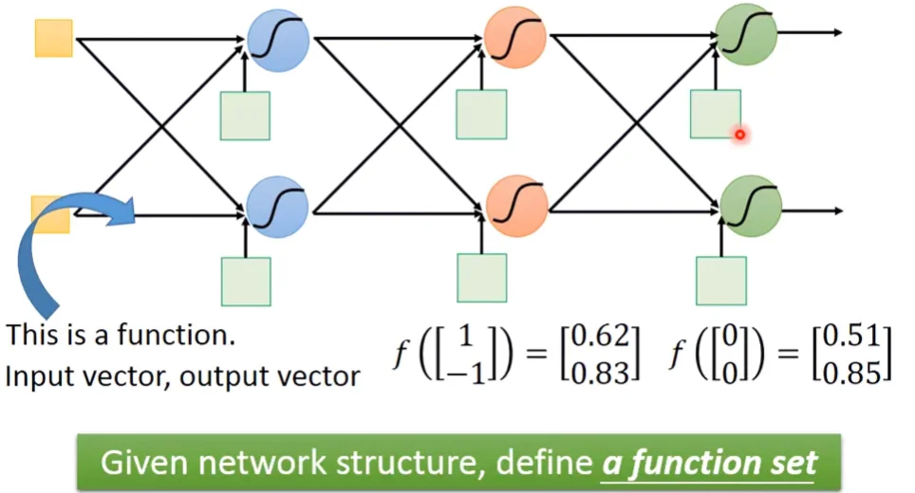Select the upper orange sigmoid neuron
tap(514, 35)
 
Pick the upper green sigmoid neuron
tap(747, 32)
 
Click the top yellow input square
tap(53, 38)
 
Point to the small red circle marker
tap(739, 135)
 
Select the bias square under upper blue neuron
tap(245, 116)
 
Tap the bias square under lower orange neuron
tap(481, 278)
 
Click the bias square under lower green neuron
tap(721, 281)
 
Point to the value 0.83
tap(604, 373)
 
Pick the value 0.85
tap(856, 373)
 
